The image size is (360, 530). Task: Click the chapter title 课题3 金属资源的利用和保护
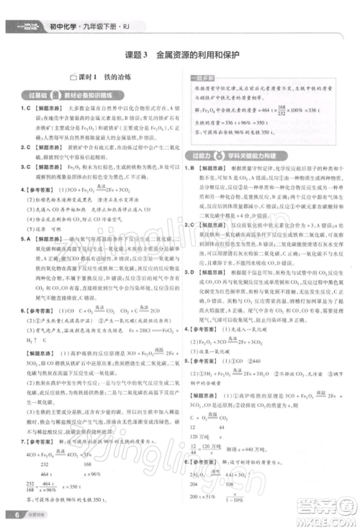click(180, 55)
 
